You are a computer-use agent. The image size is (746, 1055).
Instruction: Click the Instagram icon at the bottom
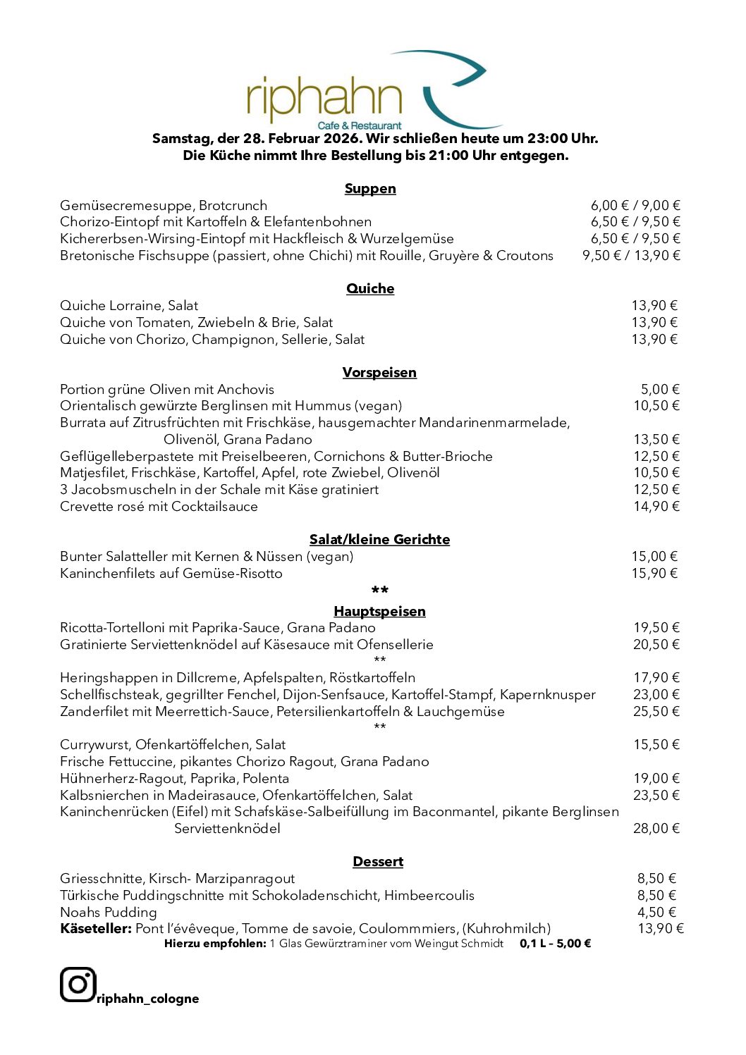click(x=78, y=985)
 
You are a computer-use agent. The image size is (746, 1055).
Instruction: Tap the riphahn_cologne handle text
click(x=148, y=999)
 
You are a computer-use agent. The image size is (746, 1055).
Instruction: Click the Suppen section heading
click(x=370, y=188)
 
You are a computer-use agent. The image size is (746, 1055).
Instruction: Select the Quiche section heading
click(x=370, y=288)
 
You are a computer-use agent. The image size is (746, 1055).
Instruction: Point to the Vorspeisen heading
click(x=379, y=372)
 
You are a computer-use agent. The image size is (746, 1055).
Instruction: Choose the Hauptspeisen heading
click(x=379, y=611)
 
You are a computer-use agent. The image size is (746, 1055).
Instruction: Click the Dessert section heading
click(x=378, y=861)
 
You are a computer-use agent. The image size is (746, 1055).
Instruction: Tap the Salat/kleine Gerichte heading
click(x=379, y=539)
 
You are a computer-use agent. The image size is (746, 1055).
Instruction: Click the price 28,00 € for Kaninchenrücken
click(x=656, y=828)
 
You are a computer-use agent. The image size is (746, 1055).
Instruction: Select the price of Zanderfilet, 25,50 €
click(x=656, y=711)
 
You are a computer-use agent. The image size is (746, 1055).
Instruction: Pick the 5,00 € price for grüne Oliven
click(x=660, y=389)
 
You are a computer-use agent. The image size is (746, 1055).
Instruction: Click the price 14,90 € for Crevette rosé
click(x=656, y=506)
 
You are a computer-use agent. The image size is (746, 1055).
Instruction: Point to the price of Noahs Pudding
click(x=656, y=912)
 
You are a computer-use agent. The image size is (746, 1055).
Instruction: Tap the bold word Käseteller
click(x=96, y=928)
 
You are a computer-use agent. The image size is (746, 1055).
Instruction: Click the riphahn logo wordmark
click(x=324, y=99)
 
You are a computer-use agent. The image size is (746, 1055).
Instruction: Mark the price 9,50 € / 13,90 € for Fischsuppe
click(x=631, y=255)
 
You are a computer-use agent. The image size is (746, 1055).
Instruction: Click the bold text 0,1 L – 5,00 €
click(x=555, y=943)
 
